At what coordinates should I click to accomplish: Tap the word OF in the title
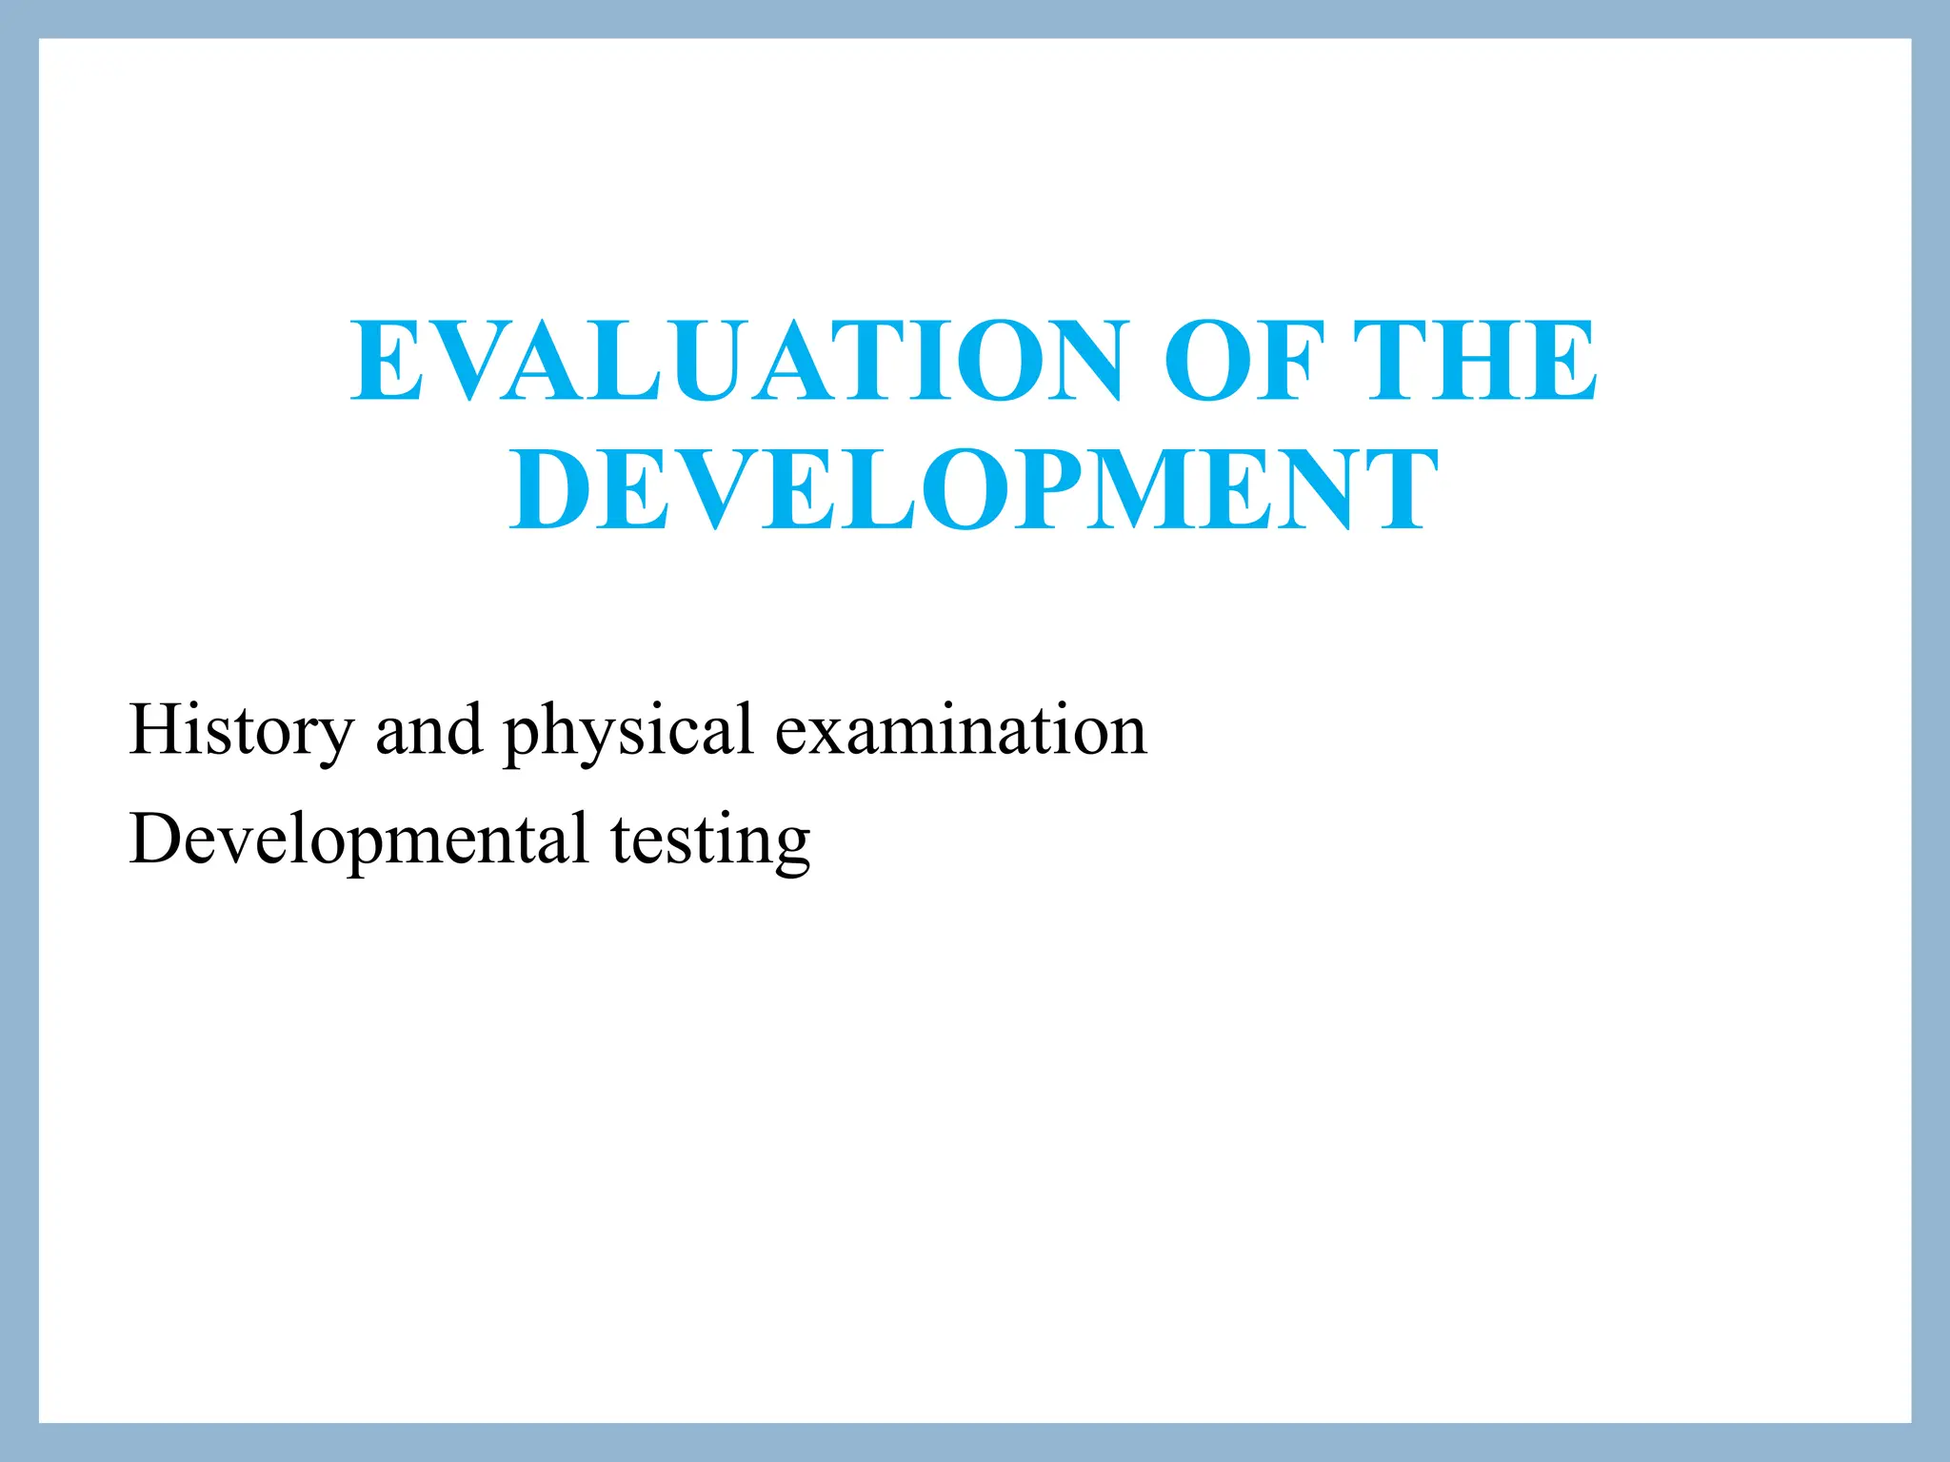tap(1243, 361)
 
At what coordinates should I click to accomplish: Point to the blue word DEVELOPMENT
tap(973, 490)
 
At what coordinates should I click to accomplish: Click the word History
tap(241, 731)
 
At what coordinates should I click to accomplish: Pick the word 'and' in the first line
tap(428, 731)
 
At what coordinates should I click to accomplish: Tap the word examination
tap(961, 731)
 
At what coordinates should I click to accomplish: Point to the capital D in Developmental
tap(157, 840)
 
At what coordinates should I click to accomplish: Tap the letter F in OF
tap(1289, 361)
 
